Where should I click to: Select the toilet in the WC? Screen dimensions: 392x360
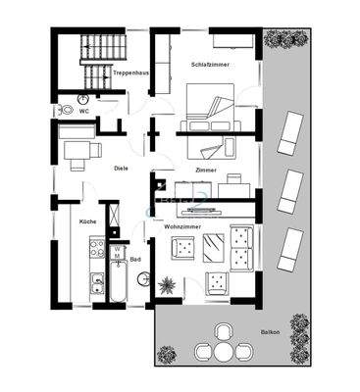coord(63,111)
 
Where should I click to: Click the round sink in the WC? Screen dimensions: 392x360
coord(83,99)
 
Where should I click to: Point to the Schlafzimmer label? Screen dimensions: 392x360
coord(210,64)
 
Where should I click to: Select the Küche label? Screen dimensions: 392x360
coord(87,222)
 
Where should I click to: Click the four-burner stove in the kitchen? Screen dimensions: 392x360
coord(97,251)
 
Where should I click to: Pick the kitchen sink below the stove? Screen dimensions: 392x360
coord(97,284)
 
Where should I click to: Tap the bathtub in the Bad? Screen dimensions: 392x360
coord(119,287)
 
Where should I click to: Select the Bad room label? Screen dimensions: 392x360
coord(136,260)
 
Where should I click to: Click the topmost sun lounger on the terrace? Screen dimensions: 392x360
coord(292,133)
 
